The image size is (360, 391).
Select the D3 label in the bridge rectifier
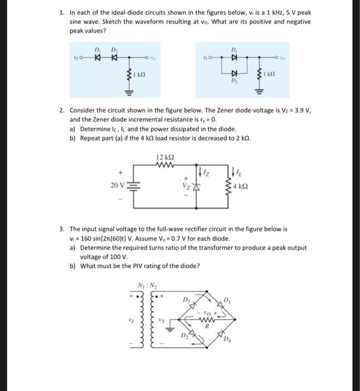[x=187, y=301]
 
